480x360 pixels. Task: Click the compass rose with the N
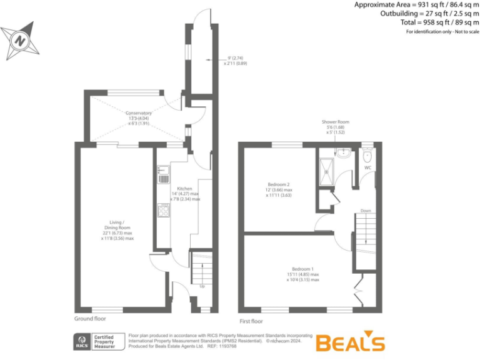click(x=20, y=41)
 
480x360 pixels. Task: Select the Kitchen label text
click(x=184, y=188)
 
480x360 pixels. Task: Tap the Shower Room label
click(x=335, y=121)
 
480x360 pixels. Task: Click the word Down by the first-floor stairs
click(x=366, y=211)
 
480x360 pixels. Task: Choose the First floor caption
click(x=251, y=321)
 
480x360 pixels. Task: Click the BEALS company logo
click(x=349, y=342)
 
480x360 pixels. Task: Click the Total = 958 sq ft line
click(x=436, y=22)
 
